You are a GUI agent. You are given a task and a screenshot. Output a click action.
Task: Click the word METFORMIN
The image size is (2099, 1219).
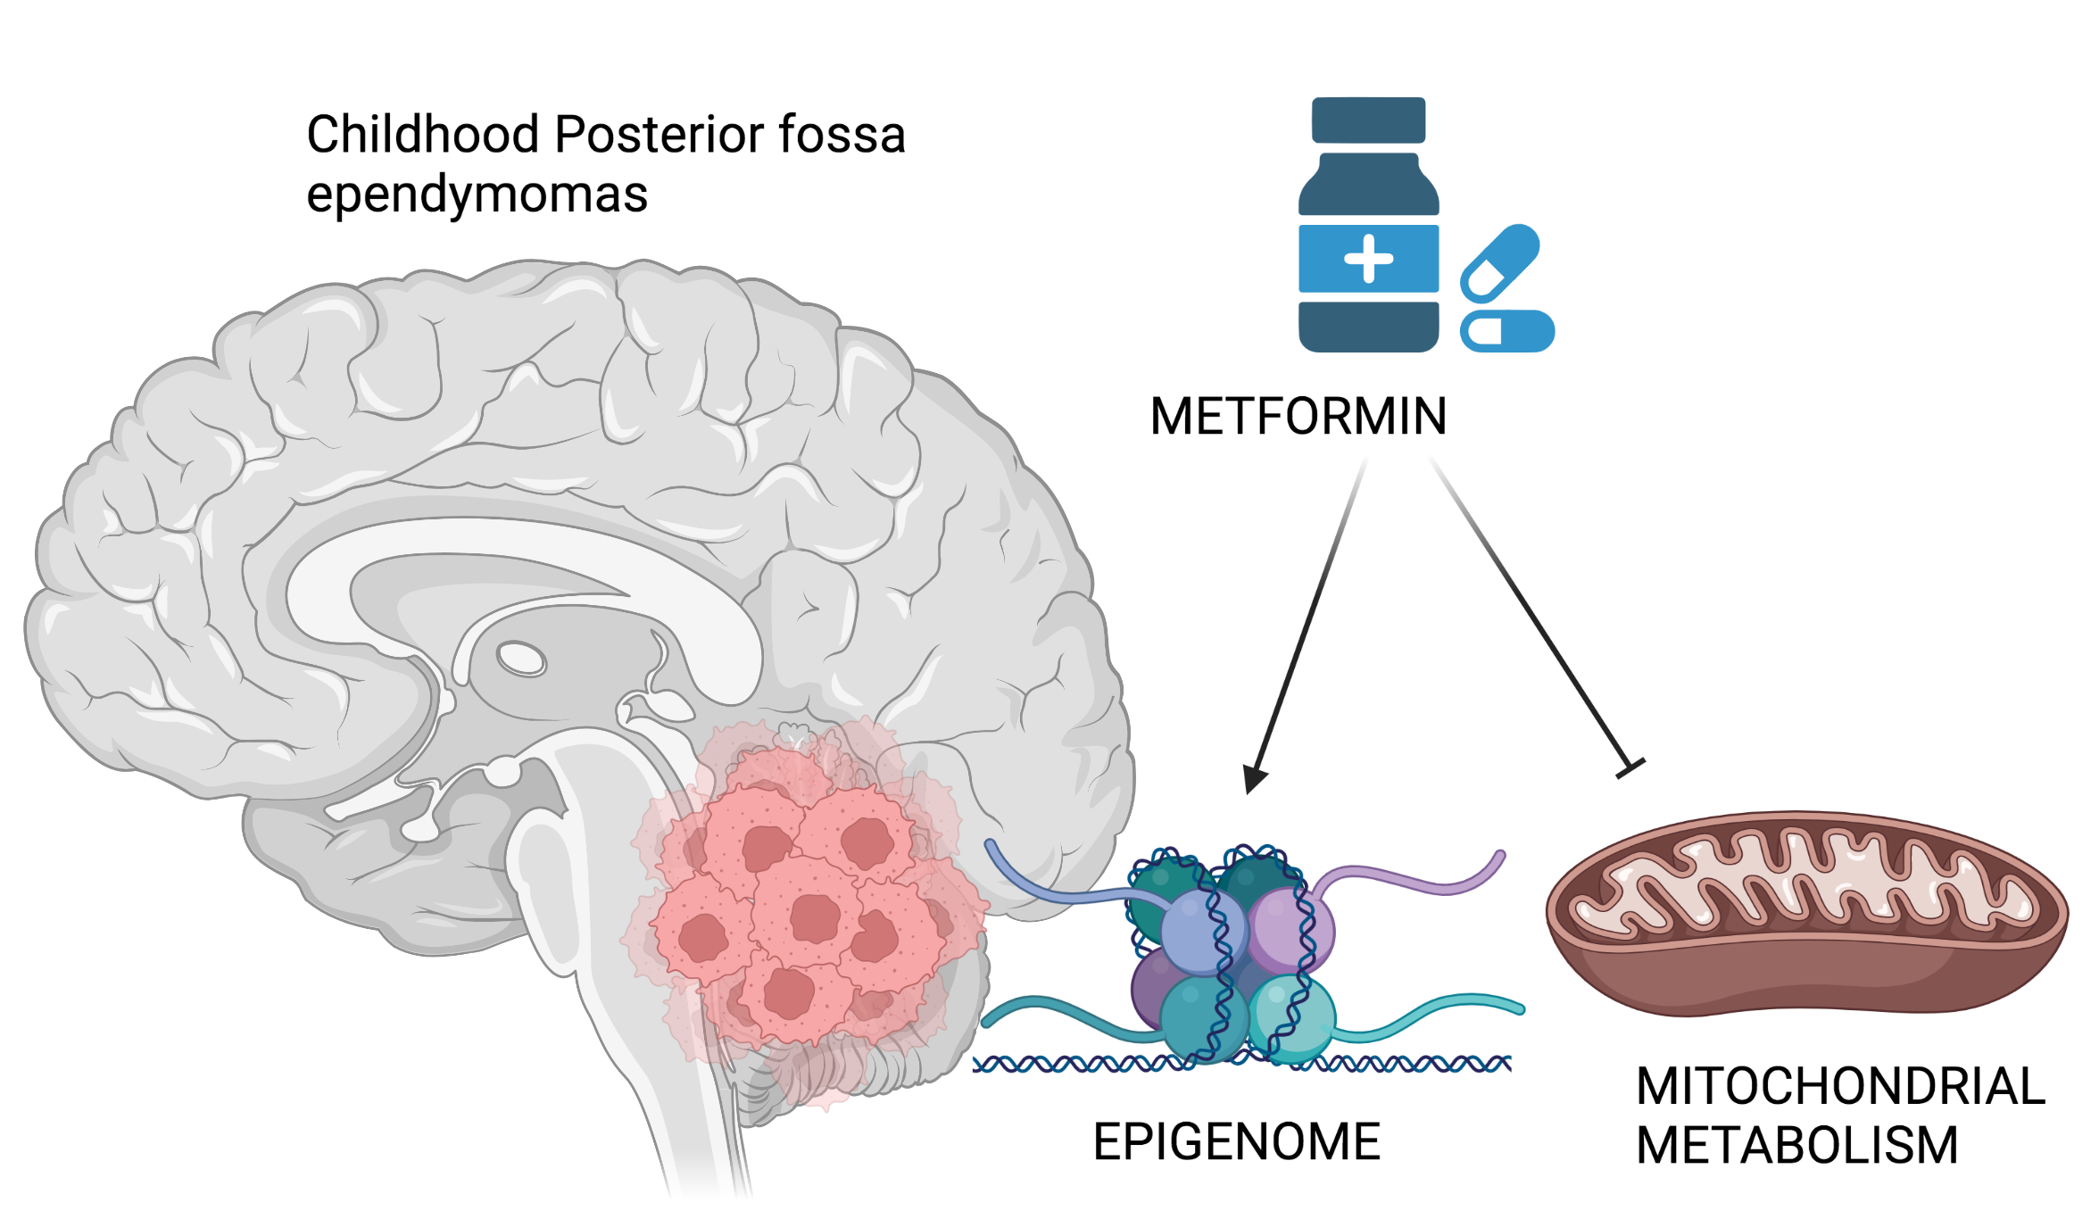click(x=1298, y=417)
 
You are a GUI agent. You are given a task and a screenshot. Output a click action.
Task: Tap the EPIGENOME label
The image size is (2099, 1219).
click(x=1236, y=1142)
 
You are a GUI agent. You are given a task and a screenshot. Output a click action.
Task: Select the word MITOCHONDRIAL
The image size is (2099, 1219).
click(x=1839, y=1086)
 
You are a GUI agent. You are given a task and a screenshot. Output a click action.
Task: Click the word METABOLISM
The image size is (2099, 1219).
click(x=1796, y=1146)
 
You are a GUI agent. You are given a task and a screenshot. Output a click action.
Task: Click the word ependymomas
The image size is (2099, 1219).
click(x=477, y=195)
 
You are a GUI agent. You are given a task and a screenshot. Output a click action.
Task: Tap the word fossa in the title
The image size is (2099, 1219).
click(x=842, y=135)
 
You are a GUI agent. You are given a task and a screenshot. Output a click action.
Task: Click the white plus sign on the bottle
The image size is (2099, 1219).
click(x=1368, y=259)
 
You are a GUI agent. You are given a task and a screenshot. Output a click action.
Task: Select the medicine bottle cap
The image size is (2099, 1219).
click(x=1368, y=120)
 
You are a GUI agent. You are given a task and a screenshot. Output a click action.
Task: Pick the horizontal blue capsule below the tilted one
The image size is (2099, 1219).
click(x=1507, y=331)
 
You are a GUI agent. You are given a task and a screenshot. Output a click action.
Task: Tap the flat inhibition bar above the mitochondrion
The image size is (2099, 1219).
click(x=1630, y=767)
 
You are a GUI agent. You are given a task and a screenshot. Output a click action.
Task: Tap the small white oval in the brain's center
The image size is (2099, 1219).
click(x=521, y=659)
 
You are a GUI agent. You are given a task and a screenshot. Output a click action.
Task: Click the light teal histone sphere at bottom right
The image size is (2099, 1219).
click(x=1292, y=1017)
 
